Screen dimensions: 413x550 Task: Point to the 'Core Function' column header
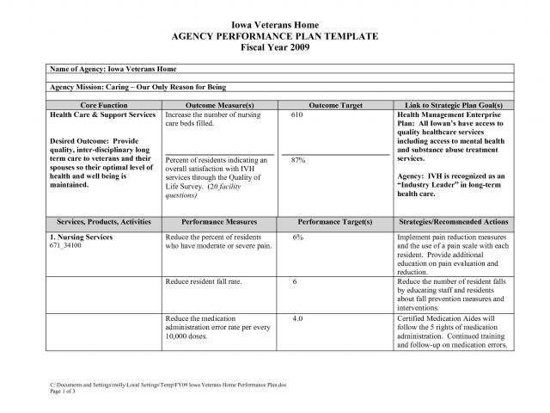click(x=102, y=104)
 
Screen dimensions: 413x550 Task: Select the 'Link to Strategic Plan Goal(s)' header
click(x=454, y=104)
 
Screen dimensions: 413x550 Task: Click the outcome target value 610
click(x=297, y=114)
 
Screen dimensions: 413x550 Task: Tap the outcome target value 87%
click(x=299, y=160)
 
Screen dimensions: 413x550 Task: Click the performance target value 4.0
click(x=297, y=318)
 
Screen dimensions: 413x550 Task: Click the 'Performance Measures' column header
click(x=220, y=222)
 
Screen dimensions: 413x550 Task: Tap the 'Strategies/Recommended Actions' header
click(x=454, y=222)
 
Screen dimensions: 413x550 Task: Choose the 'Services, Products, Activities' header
click(x=102, y=222)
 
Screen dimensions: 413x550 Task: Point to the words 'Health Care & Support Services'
click(x=102, y=114)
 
